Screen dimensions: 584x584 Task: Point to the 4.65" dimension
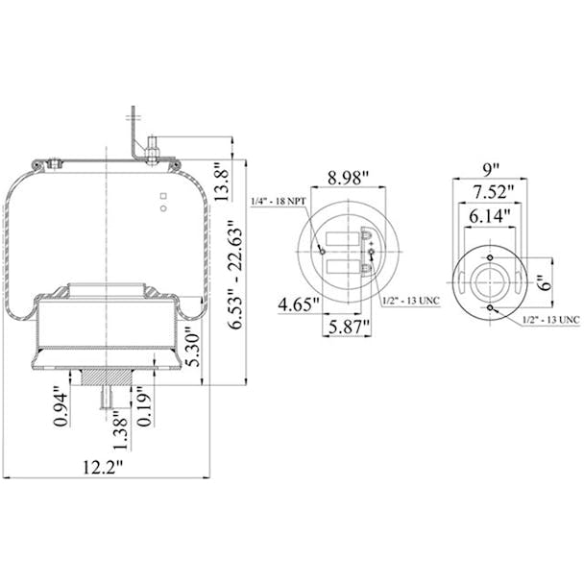click(x=300, y=306)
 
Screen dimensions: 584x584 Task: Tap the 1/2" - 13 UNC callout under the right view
click(x=551, y=319)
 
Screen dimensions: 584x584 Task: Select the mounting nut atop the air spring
click(x=152, y=149)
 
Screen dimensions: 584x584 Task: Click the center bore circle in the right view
click(x=490, y=282)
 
